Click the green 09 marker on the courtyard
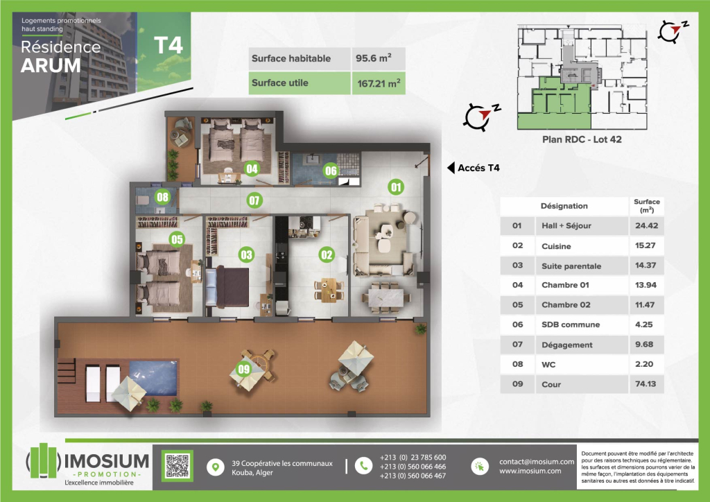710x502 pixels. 244,369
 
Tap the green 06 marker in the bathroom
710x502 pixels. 331,171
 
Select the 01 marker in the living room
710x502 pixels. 396,187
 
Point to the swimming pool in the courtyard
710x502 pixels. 154,377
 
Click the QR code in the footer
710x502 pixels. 177,466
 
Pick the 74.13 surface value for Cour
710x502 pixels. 646,384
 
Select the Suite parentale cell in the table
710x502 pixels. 571,266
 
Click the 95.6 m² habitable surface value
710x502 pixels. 374,58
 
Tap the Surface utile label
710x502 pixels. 280,83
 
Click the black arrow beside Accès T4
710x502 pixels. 451,168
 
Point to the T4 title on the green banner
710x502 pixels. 168,45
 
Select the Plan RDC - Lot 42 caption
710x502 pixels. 582,139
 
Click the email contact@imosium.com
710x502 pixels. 537,462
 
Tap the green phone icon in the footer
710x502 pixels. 363,466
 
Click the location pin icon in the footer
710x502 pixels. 216,467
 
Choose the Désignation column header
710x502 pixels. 564,206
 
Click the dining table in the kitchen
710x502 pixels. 329,290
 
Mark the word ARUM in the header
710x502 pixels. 51,66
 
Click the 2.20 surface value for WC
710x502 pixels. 644,364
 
